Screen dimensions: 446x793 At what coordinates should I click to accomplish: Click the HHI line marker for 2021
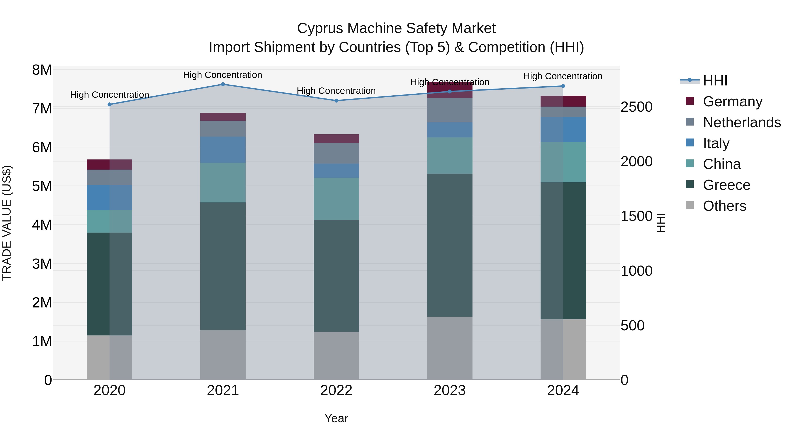pyautogui.click(x=223, y=84)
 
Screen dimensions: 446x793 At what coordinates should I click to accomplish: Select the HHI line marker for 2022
pyautogui.click(x=336, y=101)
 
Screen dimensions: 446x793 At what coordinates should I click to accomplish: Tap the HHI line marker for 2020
pyautogui.click(x=110, y=105)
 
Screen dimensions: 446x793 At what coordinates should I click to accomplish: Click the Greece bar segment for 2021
pyautogui.click(x=223, y=266)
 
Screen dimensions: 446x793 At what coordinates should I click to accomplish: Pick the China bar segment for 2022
pyautogui.click(x=336, y=199)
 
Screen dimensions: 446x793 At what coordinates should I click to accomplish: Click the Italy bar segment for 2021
pyautogui.click(x=223, y=150)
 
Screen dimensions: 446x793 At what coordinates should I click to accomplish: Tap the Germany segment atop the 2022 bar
pyautogui.click(x=336, y=139)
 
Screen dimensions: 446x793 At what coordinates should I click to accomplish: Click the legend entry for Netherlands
pyautogui.click(x=741, y=122)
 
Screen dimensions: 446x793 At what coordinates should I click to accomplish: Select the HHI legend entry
pyautogui.click(x=715, y=81)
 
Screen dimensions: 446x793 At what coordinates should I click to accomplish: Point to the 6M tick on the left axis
pyautogui.click(x=42, y=147)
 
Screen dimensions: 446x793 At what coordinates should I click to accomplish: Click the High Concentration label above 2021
pyautogui.click(x=222, y=75)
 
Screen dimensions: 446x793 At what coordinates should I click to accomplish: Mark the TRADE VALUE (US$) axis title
pyautogui.click(x=7, y=223)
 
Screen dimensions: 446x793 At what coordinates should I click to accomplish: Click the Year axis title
pyautogui.click(x=336, y=418)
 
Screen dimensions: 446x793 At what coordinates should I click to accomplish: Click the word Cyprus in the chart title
pyautogui.click(x=320, y=28)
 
